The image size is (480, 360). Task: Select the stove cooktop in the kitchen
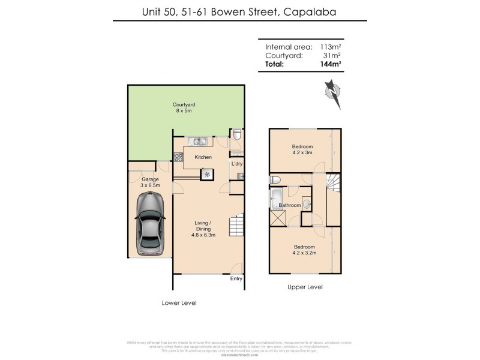(178, 158)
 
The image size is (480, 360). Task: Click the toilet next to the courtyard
(237, 136)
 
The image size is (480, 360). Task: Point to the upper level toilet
(275, 179)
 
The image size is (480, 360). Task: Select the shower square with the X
(278, 218)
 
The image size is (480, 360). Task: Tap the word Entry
(236, 279)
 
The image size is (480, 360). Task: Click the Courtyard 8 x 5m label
(184, 107)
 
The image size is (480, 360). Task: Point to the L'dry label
(237, 164)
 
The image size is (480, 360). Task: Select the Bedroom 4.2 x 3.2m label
(304, 250)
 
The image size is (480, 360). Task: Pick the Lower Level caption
(179, 302)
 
